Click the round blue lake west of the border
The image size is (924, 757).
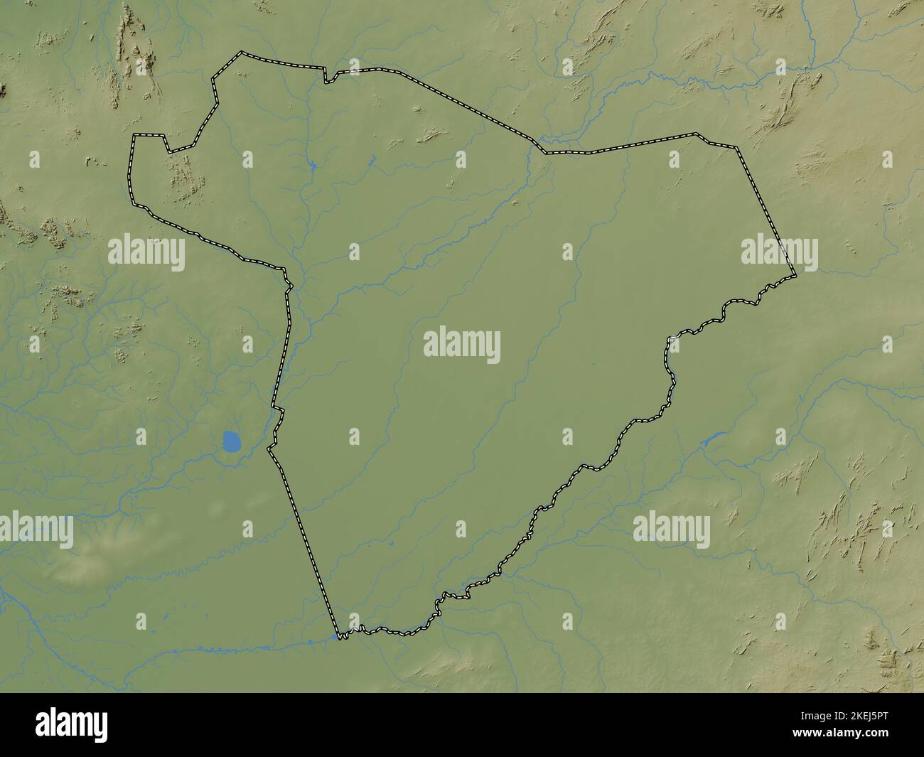232,443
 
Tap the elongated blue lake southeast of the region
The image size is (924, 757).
712,439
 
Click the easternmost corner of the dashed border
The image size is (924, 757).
795,274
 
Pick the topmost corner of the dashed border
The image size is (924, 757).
242,52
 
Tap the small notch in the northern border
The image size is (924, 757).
329,77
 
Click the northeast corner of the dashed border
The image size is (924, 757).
737,148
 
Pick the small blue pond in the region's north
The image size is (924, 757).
313,166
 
